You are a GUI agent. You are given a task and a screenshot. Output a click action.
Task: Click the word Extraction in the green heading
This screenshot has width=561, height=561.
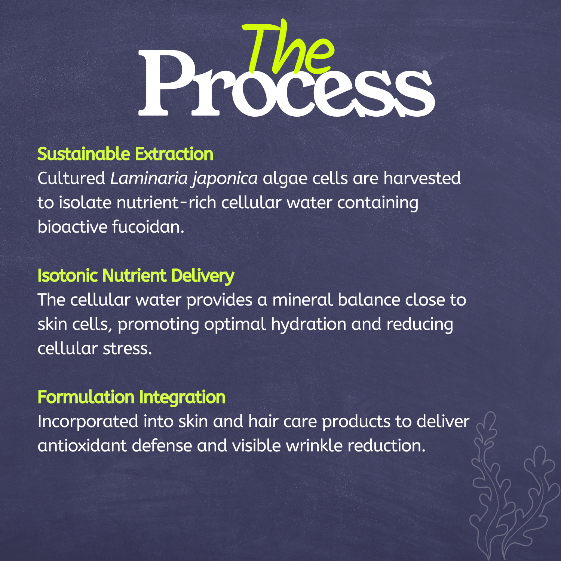[x=174, y=154]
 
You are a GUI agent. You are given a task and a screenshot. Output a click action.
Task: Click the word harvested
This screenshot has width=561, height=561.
[x=422, y=178]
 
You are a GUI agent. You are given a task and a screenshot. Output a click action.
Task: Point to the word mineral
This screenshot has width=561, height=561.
[x=302, y=300]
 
